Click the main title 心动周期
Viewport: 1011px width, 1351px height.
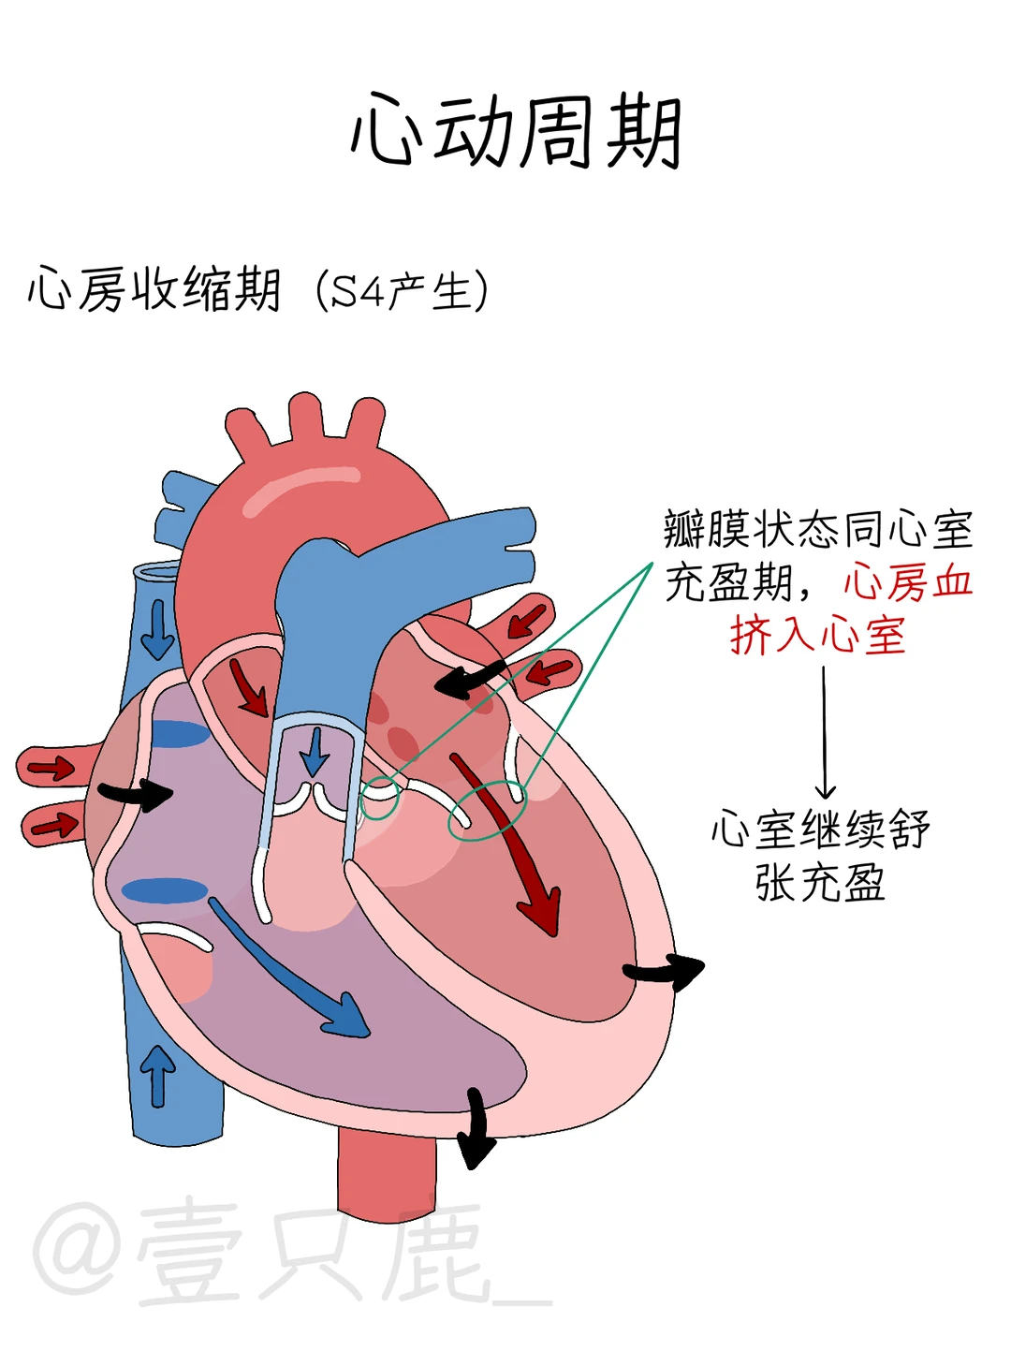516,132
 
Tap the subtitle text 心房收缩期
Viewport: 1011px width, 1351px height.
154,289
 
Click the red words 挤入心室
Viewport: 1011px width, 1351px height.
817,636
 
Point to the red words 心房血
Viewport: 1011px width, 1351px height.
908,582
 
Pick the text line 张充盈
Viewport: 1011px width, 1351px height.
820,882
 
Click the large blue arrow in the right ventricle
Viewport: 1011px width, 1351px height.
290,969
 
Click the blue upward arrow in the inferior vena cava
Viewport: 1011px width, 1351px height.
157,1075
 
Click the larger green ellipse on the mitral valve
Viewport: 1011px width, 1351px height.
488,810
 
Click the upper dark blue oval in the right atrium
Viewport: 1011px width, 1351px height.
180,734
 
